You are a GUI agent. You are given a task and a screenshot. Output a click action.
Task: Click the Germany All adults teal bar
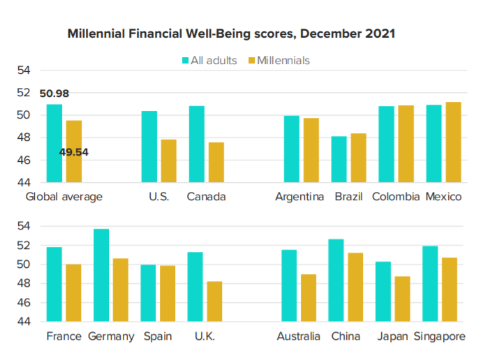[101, 275]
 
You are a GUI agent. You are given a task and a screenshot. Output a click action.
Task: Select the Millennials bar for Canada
[216, 163]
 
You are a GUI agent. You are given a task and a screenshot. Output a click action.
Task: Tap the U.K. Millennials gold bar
[214, 301]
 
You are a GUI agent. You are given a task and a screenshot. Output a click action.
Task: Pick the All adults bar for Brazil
[339, 159]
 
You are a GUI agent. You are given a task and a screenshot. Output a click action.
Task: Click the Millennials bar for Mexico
[454, 142]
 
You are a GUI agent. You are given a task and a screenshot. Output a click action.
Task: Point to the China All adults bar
[336, 280]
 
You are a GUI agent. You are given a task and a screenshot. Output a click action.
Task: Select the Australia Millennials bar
[309, 298]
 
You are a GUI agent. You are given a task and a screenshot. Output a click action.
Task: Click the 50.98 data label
[54, 93]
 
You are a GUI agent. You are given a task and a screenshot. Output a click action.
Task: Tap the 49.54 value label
[73, 152]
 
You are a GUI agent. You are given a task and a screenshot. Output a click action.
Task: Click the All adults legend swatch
[185, 61]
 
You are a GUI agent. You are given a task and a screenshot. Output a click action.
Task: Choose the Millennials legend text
[283, 61]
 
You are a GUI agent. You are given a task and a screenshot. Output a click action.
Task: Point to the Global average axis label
[64, 197]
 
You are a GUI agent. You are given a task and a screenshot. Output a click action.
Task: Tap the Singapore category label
[440, 336]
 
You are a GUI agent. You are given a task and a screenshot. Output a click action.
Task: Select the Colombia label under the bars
[396, 197]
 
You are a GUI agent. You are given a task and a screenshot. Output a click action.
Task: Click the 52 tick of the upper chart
[24, 92]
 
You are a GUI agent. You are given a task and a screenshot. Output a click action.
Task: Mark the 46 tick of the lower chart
[24, 303]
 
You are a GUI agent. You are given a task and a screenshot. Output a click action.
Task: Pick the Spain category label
[158, 336]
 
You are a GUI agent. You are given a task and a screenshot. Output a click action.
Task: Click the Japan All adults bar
[383, 292]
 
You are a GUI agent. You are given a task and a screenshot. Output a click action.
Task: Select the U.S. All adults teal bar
[149, 147]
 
